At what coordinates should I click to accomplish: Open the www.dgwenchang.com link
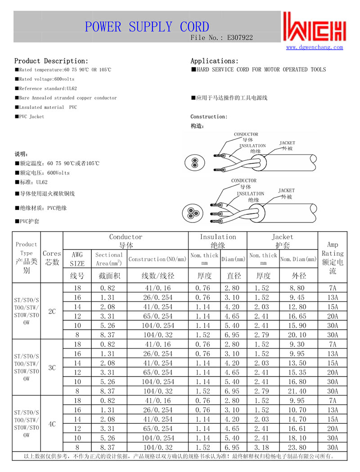(315, 47)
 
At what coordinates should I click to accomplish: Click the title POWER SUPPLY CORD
(147, 27)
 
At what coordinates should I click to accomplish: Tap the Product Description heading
(51, 61)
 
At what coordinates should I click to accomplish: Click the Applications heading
(215, 61)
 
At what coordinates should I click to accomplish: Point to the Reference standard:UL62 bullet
(43, 88)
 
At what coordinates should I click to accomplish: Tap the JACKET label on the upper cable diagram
(288, 143)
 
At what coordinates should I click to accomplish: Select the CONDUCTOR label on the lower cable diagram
(243, 181)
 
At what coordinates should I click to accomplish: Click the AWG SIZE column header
(77, 259)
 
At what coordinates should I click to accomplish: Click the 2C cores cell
(52, 311)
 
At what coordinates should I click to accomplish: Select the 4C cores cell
(52, 424)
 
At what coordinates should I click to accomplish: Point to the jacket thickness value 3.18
(263, 448)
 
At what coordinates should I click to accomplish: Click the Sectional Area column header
(109, 259)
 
